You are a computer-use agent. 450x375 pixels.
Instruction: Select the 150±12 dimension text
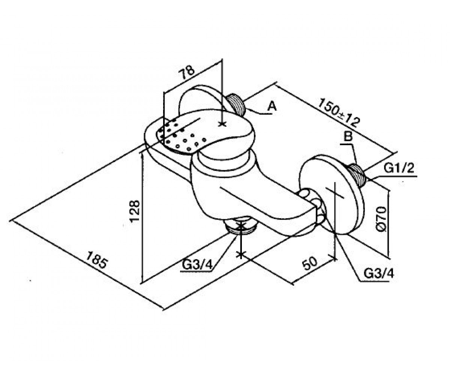click(339, 113)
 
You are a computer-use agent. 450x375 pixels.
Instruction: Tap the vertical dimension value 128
click(135, 211)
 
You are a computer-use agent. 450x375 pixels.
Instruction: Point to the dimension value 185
click(96, 260)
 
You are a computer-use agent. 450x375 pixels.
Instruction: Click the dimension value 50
click(310, 263)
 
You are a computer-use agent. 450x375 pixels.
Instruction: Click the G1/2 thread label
click(399, 168)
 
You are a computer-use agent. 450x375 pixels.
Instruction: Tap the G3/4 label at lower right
click(379, 274)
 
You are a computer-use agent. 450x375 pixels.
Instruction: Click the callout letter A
click(272, 106)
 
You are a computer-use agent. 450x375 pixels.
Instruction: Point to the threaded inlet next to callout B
click(357, 174)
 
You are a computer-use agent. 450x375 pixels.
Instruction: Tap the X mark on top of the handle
click(222, 124)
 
